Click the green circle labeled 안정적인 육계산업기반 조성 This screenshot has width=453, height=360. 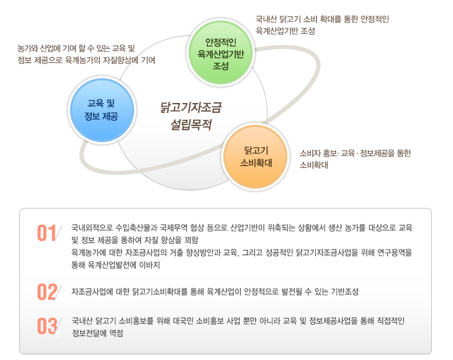(221, 52)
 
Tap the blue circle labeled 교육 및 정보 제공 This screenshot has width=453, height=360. (101, 110)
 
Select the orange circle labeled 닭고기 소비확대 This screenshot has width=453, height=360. (256, 156)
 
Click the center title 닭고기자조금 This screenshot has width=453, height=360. (191, 107)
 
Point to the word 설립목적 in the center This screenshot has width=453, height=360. (191, 125)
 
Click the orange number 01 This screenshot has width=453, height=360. (47, 233)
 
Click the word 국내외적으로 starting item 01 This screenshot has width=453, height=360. (92, 228)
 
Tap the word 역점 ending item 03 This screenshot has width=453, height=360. (116, 333)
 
